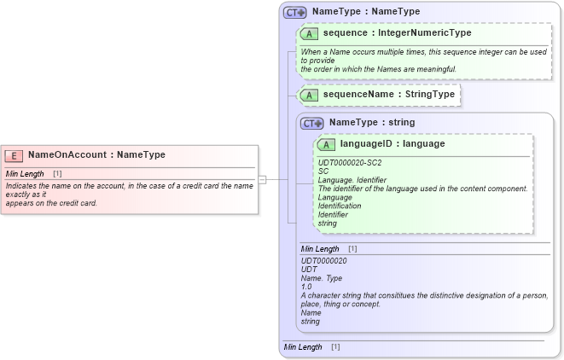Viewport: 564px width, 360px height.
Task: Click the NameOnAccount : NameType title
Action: (96, 155)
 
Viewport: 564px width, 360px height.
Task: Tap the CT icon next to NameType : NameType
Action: (295, 12)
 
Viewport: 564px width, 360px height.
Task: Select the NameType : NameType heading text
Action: (366, 12)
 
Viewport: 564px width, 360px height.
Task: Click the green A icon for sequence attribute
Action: (311, 33)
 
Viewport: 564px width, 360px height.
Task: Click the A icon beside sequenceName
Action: (311, 94)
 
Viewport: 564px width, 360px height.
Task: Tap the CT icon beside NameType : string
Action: (312, 123)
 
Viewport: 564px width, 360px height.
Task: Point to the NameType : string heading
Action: (372, 123)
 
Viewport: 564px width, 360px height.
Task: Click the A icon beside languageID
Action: (328, 145)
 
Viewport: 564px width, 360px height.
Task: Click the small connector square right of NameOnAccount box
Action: (262, 179)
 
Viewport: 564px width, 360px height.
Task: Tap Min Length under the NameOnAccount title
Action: (25, 174)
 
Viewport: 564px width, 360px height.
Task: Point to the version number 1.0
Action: (306, 287)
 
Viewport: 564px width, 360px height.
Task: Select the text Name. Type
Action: (323, 278)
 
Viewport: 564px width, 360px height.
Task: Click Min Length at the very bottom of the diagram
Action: (303, 347)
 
